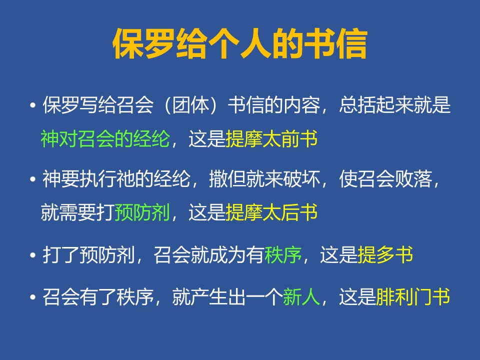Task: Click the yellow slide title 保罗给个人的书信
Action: click(240, 43)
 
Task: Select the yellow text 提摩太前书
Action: click(271, 138)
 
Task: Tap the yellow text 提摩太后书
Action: click(271, 212)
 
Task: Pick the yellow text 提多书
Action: click(385, 254)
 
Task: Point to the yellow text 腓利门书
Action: click(413, 296)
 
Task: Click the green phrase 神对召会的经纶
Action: click(105, 138)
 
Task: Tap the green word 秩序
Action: click(283, 254)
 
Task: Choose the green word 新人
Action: click(301, 296)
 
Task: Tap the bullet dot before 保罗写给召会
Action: click(33, 105)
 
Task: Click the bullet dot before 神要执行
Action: click(33, 179)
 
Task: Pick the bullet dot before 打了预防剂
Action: click(33, 255)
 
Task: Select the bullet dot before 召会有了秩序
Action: click(33, 297)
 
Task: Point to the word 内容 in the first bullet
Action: click(301, 105)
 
